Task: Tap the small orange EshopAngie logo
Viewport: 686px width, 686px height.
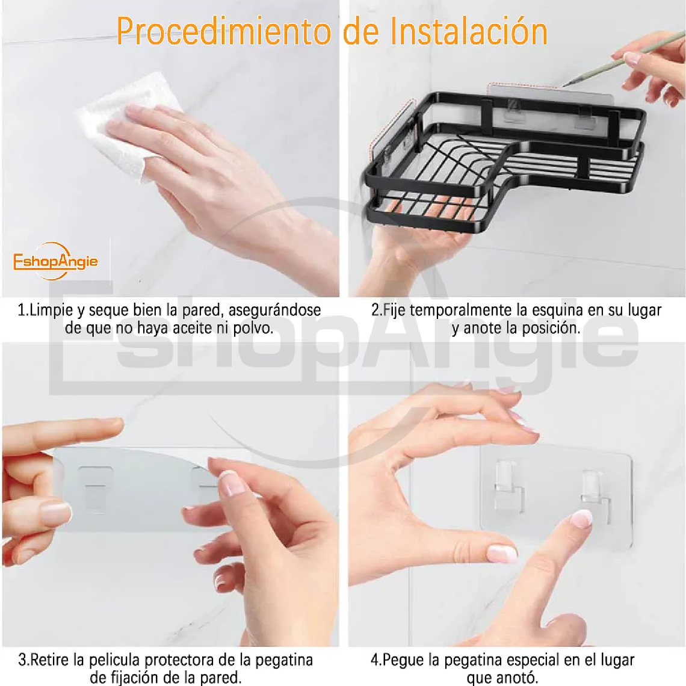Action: pyautogui.click(x=55, y=261)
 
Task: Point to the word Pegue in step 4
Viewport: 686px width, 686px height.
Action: pyautogui.click(x=404, y=660)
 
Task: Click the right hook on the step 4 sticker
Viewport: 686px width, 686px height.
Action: pyautogui.click(x=594, y=487)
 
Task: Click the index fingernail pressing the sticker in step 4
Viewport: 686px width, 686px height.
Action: pyautogui.click(x=581, y=518)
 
